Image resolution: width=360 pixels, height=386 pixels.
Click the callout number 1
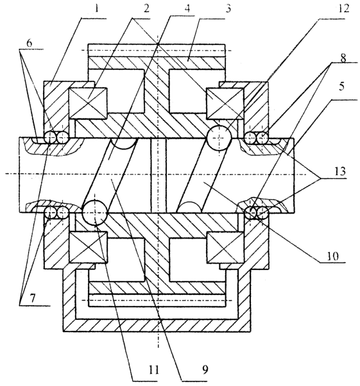tap(96, 8)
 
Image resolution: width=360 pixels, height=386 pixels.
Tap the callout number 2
tap(146, 8)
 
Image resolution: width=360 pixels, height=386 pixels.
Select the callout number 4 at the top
tap(187, 8)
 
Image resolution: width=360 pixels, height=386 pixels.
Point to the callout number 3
tap(228, 8)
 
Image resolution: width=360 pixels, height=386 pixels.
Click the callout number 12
tap(344, 8)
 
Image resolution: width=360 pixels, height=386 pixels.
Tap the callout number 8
tap(343, 58)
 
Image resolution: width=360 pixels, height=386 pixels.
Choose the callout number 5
tap(341, 86)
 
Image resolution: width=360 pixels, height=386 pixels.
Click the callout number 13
tap(340, 171)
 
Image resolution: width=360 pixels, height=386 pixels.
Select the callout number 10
tap(332, 256)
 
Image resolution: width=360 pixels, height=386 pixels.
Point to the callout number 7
tap(33, 298)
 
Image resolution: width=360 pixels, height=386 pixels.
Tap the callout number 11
tap(154, 370)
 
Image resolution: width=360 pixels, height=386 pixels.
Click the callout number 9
tap(205, 370)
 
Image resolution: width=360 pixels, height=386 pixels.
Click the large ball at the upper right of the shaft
tap(219, 137)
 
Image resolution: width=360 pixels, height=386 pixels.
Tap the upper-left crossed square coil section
tap(88, 103)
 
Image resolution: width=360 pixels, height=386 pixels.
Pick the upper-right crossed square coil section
tap(225, 103)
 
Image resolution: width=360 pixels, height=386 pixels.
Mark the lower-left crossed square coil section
tap(88, 247)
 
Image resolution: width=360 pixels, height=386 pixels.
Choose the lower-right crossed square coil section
tap(226, 247)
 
